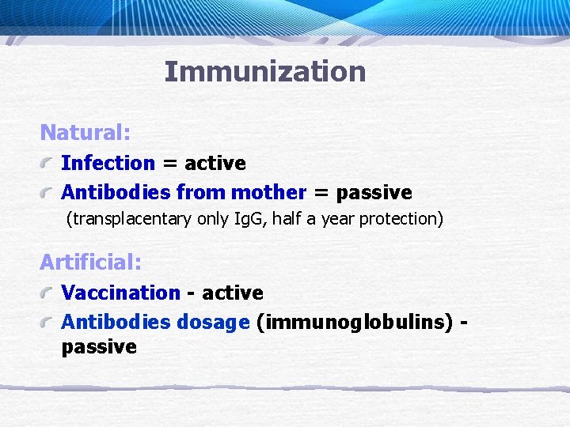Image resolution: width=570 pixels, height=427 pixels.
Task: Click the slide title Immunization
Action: coord(264,72)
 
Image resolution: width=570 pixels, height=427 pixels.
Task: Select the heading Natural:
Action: coord(85,131)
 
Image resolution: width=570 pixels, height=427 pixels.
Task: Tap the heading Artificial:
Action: coord(90,261)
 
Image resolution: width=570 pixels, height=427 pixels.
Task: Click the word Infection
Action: coord(108,164)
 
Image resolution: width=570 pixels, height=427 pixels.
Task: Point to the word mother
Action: coord(268,192)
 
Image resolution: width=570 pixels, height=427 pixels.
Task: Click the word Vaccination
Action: coord(121,293)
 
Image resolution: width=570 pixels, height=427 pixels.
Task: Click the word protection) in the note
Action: coord(401,219)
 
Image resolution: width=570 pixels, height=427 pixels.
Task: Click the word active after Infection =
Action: coord(215,164)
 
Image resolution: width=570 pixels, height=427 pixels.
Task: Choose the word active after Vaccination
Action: coord(233,293)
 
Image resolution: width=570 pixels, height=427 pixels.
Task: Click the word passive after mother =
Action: coord(374,192)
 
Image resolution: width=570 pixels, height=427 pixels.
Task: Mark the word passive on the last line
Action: coord(99,347)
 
